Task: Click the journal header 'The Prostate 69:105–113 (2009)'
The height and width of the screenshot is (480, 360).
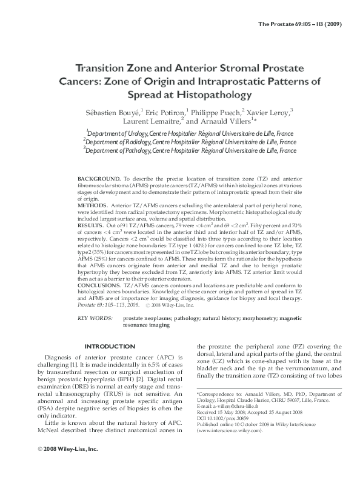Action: (x=309, y=24)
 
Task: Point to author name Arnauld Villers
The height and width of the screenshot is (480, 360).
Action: (x=221, y=121)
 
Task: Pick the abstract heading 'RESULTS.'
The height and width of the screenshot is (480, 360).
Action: (x=92, y=224)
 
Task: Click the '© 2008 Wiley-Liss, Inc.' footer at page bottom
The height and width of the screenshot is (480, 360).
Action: (x=61, y=466)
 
